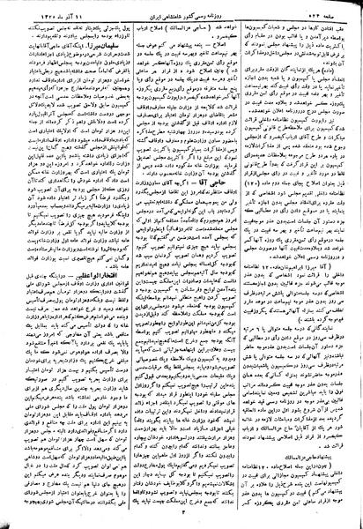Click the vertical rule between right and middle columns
(x=242, y=264)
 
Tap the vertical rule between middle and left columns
(x=127, y=264)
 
